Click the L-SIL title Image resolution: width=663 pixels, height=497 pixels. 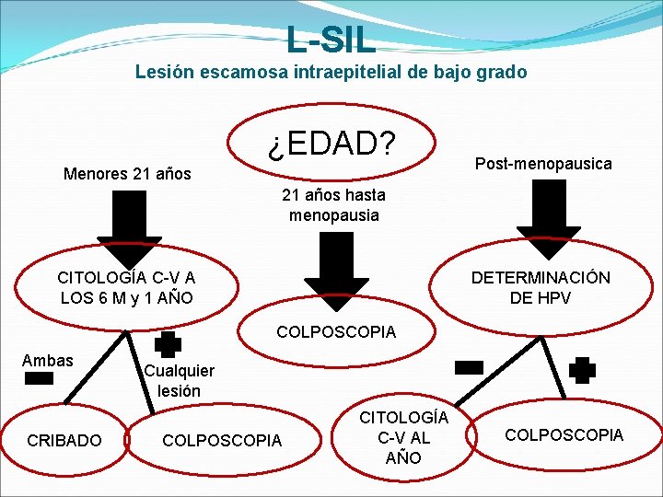pyautogui.click(x=331, y=39)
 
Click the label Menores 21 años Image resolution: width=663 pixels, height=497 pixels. pyautogui.click(x=127, y=173)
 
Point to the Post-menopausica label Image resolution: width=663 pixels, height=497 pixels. pyautogui.click(x=543, y=163)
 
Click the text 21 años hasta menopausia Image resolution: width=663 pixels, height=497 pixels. pyautogui.click(x=333, y=205)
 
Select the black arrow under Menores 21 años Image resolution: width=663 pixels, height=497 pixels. pyautogui.click(x=118, y=225)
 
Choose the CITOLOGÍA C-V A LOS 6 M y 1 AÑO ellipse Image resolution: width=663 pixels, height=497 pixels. pyautogui.click(x=126, y=287)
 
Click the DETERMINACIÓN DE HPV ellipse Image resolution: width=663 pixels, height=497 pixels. pyautogui.click(x=541, y=287)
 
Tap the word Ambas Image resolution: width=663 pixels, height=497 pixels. pyautogui.click(x=47, y=360)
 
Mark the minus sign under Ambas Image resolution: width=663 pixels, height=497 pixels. pyautogui.click(x=39, y=378)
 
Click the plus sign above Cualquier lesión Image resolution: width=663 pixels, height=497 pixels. pyautogui.click(x=168, y=344)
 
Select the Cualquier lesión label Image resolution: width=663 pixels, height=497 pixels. pyautogui.click(x=179, y=380)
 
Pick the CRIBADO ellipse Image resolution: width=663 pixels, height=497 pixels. pyautogui.click(x=64, y=441)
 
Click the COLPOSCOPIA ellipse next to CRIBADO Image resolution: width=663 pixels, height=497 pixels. pyautogui.click(x=221, y=441)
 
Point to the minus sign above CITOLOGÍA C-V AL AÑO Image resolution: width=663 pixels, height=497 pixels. pyautogui.click(x=469, y=367)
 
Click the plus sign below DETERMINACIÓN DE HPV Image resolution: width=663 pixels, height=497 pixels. pyautogui.click(x=582, y=371)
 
